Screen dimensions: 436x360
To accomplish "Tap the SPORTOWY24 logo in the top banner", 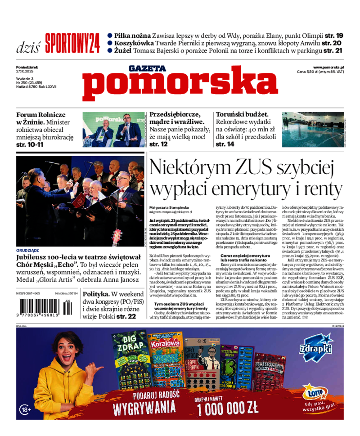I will [72, 43].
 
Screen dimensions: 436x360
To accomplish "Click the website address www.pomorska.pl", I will [328, 67].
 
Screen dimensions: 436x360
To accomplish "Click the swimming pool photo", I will [313, 130].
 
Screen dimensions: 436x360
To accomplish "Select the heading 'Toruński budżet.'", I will [242, 114].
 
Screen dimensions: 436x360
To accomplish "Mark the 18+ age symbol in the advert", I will [26, 409].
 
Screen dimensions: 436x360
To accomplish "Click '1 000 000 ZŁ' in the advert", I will [227, 408].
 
